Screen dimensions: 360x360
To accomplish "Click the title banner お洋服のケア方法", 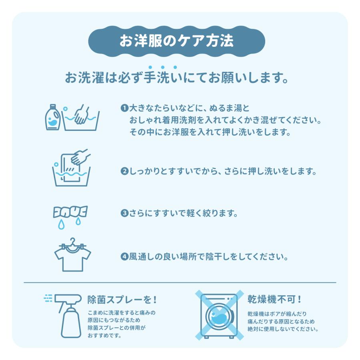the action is click(176, 41).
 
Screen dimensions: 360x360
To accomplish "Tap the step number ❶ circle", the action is click(124, 108).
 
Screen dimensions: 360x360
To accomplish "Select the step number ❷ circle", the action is click(124, 171).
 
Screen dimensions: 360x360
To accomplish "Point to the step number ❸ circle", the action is click(124, 213).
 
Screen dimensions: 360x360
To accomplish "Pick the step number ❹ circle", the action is click(124, 256).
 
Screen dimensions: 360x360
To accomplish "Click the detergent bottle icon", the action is click(53, 117).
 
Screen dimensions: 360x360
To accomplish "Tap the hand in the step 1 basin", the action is click(82, 114).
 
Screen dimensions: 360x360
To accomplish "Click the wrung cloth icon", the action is click(70, 212).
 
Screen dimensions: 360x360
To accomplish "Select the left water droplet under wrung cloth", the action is click(61, 224).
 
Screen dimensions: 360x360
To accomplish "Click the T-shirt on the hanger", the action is click(72, 258).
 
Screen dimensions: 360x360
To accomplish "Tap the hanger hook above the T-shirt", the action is click(72, 241).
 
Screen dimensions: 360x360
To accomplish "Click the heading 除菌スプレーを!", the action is click(122, 300).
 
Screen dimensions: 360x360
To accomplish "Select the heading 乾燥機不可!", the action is click(274, 299).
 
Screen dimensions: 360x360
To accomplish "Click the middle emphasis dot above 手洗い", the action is click(163, 67).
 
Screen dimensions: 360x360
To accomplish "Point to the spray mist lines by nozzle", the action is click(48, 298).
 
